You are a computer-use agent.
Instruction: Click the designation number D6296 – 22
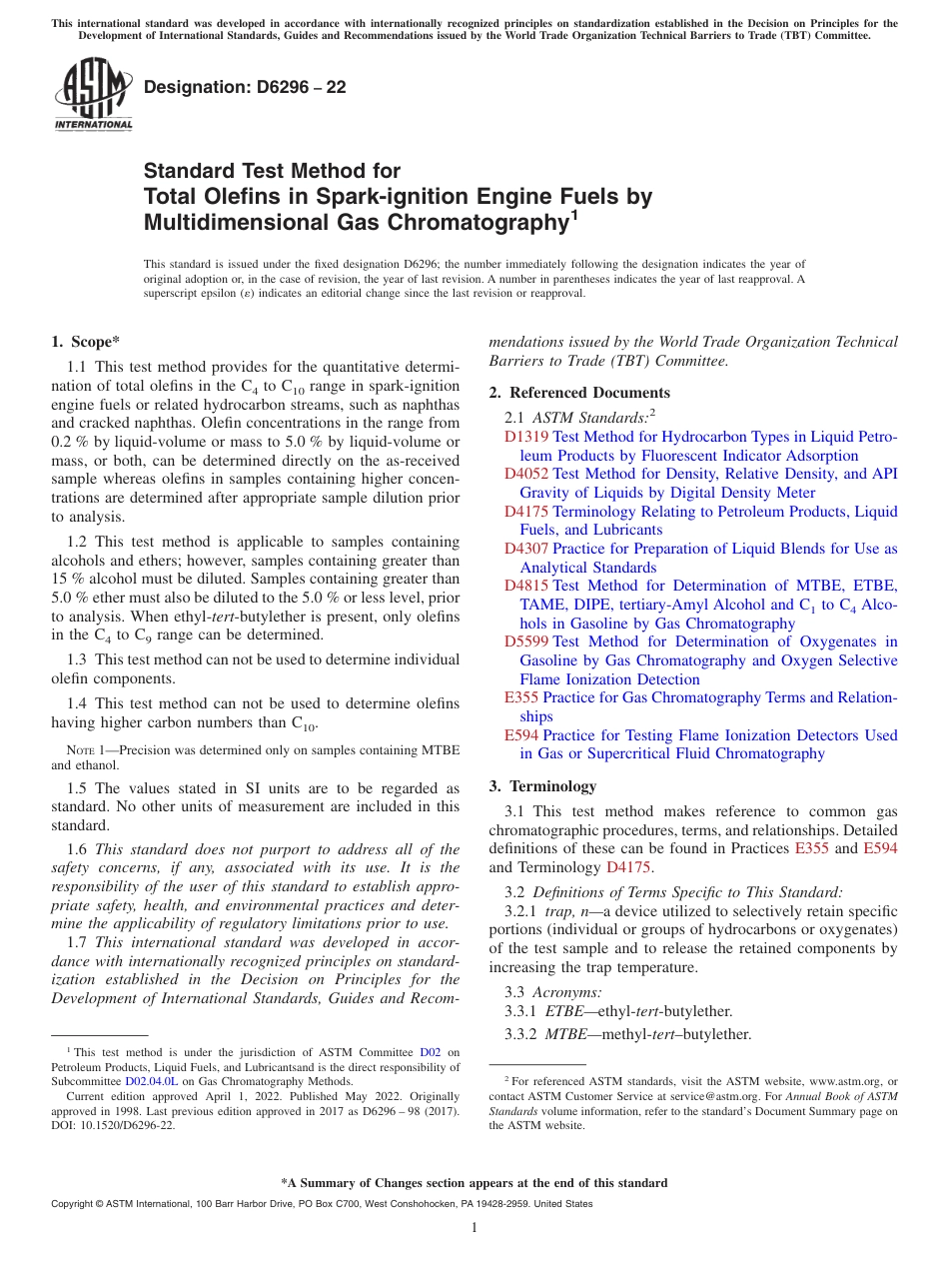(245, 87)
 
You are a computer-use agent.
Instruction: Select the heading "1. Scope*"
(86, 342)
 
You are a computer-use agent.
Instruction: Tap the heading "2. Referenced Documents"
(579, 393)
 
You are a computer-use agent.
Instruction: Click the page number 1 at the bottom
(474, 1227)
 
